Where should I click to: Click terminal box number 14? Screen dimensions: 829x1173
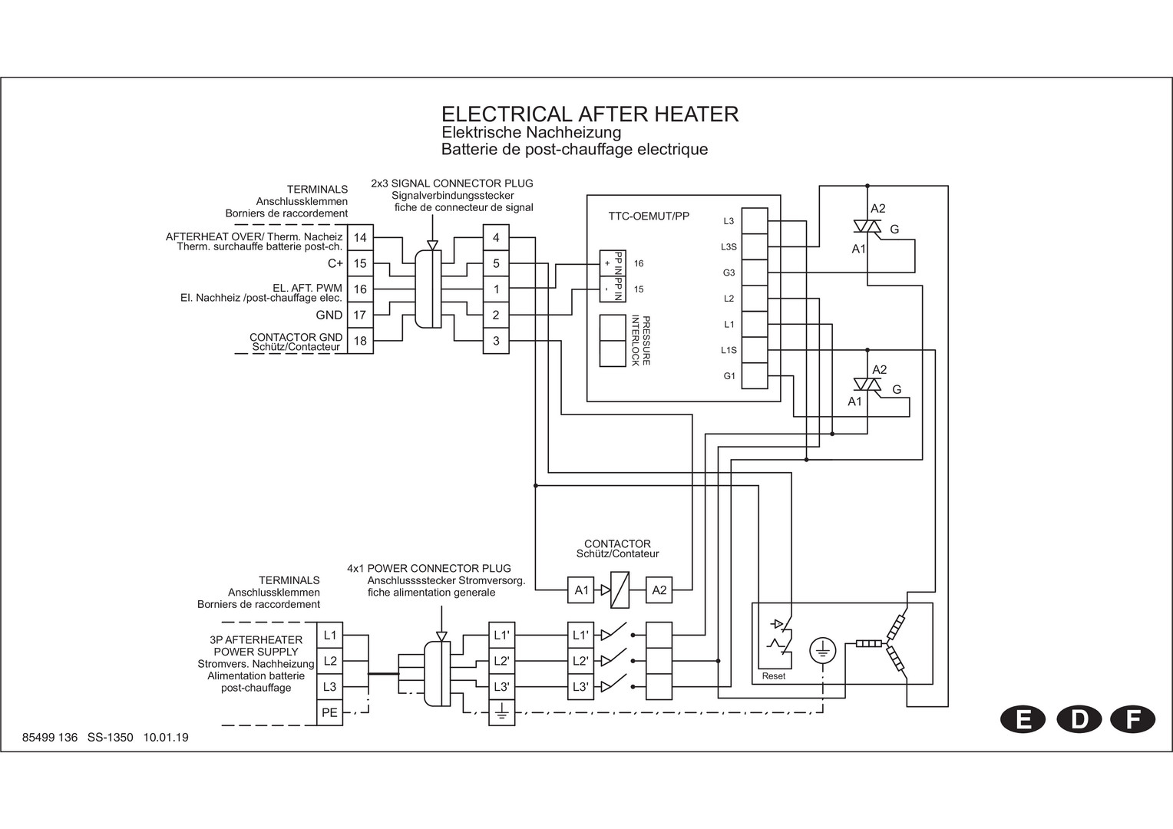click(360, 238)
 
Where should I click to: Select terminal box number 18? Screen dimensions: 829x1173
click(360, 341)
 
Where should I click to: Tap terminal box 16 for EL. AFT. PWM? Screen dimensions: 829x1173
click(360, 289)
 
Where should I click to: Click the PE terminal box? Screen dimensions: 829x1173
click(330, 712)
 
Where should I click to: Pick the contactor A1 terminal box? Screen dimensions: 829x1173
click(581, 590)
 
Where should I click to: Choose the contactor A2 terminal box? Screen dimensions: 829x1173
click(659, 590)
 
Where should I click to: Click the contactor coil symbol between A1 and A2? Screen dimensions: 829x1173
click(620, 590)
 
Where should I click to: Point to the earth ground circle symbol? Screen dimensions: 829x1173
click(822, 651)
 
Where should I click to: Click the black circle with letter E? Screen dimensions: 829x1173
click(1023, 719)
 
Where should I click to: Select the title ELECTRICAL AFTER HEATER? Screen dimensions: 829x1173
click(590, 114)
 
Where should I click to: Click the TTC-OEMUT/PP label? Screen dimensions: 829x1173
click(649, 216)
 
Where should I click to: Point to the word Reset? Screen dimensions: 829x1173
click(774, 676)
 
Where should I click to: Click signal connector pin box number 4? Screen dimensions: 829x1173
click(496, 238)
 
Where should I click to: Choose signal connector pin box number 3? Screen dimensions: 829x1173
click(496, 341)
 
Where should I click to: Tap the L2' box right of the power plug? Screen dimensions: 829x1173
click(502, 661)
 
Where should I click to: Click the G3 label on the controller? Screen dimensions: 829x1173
click(729, 272)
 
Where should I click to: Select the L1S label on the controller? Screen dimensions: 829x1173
click(729, 350)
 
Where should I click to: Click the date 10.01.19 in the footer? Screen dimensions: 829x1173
click(166, 738)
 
